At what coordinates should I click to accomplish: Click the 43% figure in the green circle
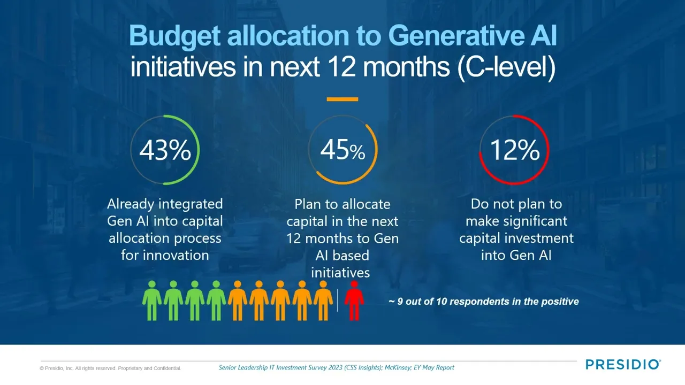[x=165, y=150]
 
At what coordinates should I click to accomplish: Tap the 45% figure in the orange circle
[x=342, y=150]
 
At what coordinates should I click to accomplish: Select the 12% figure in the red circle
[x=515, y=150]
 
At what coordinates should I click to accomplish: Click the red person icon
[x=354, y=301]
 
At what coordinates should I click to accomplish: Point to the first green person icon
[x=152, y=301]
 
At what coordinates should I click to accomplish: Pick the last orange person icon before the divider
[x=323, y=301]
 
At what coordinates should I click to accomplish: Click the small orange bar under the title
[x=342, y=99]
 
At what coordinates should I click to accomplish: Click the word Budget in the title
[x=174, y=36]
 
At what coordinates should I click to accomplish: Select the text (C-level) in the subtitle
[x=506, y=67]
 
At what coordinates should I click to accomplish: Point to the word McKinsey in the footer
[x=398, y=367]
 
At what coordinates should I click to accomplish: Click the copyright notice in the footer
[x=110, y=368]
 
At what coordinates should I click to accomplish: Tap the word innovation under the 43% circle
[x=176, y=256]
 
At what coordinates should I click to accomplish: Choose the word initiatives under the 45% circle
[x=340, y=273]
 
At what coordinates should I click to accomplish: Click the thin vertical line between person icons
[x=338, y=301]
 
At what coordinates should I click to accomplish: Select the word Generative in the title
[x=455, y=36]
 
